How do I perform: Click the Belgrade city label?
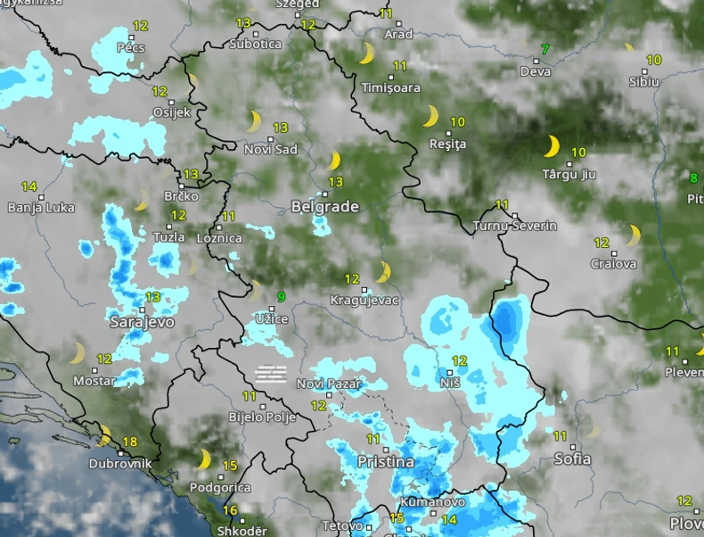(x=324, y=207)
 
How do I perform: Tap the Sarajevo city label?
(x=142, y=322)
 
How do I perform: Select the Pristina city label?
(x=385, y=462)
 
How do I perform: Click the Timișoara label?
(x=391, y=88)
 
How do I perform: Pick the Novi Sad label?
(x=271, y=150)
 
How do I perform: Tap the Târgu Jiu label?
(x=569, y=175)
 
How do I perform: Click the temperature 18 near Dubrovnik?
(x=130, y=442)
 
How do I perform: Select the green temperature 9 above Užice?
(x=281, y=297)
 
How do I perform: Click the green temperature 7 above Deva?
(x=545, y=49)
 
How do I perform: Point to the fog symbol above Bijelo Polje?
(x=271, y=373)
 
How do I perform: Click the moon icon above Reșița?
(x=431, y=117)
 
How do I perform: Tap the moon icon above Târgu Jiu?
(x=553, y=145)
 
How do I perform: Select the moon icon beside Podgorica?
(x=204, y=459)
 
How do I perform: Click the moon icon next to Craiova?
(x=634, y=235)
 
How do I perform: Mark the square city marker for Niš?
(x=444, y=369)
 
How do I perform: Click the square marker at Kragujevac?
(x=364, y=290)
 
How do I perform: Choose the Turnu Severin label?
(x=515, y=227)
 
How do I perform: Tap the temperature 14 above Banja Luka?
(x=29, y=187)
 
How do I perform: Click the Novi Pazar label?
(x=329, y=384)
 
